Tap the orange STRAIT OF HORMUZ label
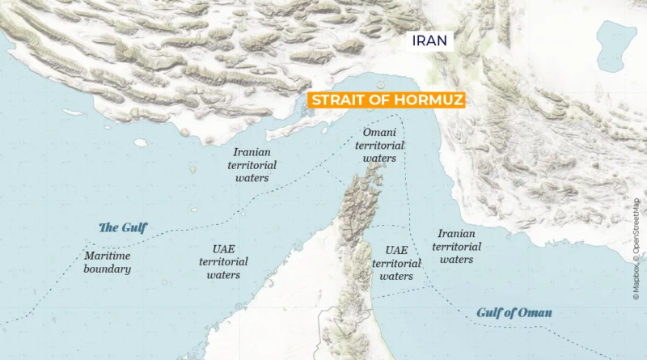coord(384,100)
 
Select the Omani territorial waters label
coord(379,145)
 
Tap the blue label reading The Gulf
coord(123,227)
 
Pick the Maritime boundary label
coord(108,262)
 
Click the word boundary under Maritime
coord(108,269)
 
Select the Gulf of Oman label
coord(519,312)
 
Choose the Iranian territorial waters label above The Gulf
coord(254,164)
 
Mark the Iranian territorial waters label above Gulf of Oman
coord(457,247)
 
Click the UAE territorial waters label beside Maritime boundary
coord(223,262)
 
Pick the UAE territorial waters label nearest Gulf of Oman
coord(396,263)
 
